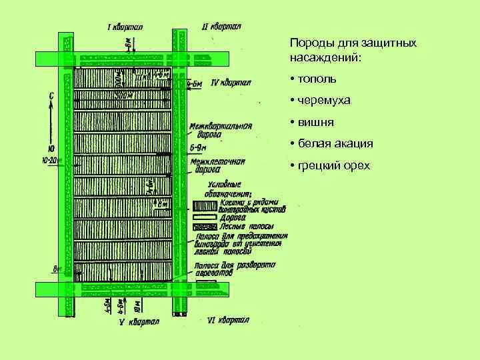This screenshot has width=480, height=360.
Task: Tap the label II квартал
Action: [x=222, y=27]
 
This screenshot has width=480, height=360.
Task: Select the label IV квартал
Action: [x=230, y=83]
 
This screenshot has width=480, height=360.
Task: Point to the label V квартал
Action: [x=139, y=323]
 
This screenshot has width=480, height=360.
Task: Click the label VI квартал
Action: [x=228, y=321]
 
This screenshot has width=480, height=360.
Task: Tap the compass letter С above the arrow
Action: [x=52, y=95]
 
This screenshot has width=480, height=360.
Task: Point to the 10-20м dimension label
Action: [x=51, y=161]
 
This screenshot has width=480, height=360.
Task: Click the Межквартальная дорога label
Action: [x=220, y=130]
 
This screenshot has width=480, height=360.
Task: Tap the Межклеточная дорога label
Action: [x=217, y=165]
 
